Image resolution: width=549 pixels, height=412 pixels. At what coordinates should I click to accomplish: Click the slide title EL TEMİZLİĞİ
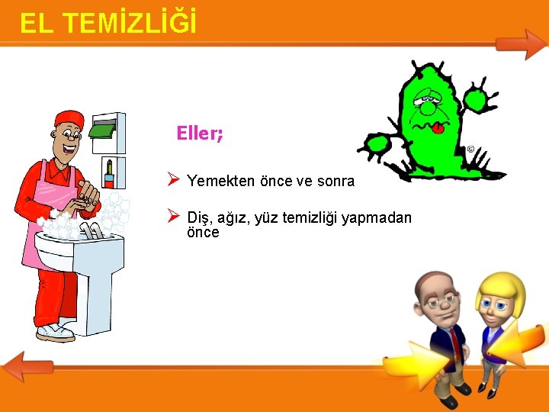click(108, 23)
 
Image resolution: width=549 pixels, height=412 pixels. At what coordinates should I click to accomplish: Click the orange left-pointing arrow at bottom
click(27, 367)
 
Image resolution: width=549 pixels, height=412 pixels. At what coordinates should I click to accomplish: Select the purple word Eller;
click(200, 134)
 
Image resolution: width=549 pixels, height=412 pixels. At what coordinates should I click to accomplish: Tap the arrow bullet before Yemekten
click(173, 181)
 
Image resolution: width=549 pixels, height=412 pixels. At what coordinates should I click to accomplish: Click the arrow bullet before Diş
click(173, 217)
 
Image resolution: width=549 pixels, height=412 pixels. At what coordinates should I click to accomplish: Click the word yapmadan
click(377, 219)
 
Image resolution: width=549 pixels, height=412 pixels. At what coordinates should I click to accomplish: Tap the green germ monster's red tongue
click(438, 128)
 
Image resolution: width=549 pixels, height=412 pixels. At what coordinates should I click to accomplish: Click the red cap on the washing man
click(69, 118)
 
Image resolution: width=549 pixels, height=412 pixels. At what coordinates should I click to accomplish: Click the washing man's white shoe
click(55, 332)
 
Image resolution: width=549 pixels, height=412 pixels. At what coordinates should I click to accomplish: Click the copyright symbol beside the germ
click(470, 149)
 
